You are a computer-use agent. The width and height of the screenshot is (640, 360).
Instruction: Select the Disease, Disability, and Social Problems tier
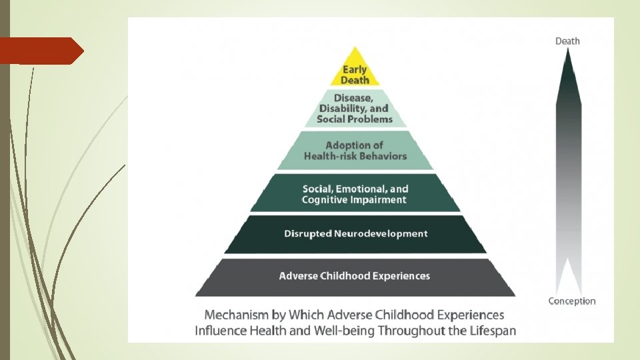click(355, 109)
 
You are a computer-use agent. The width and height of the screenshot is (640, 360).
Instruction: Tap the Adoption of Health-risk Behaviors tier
click(355, 151)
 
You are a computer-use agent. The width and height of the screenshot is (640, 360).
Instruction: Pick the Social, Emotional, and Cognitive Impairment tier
click(355, 193)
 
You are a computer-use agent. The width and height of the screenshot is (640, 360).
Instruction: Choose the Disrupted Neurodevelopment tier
click(355, 234)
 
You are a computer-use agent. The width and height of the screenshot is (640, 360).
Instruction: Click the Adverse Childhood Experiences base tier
click(355, 276)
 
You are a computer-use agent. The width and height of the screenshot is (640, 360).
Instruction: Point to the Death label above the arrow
click(567, 41)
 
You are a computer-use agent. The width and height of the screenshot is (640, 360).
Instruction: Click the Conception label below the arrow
click(572, 301)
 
